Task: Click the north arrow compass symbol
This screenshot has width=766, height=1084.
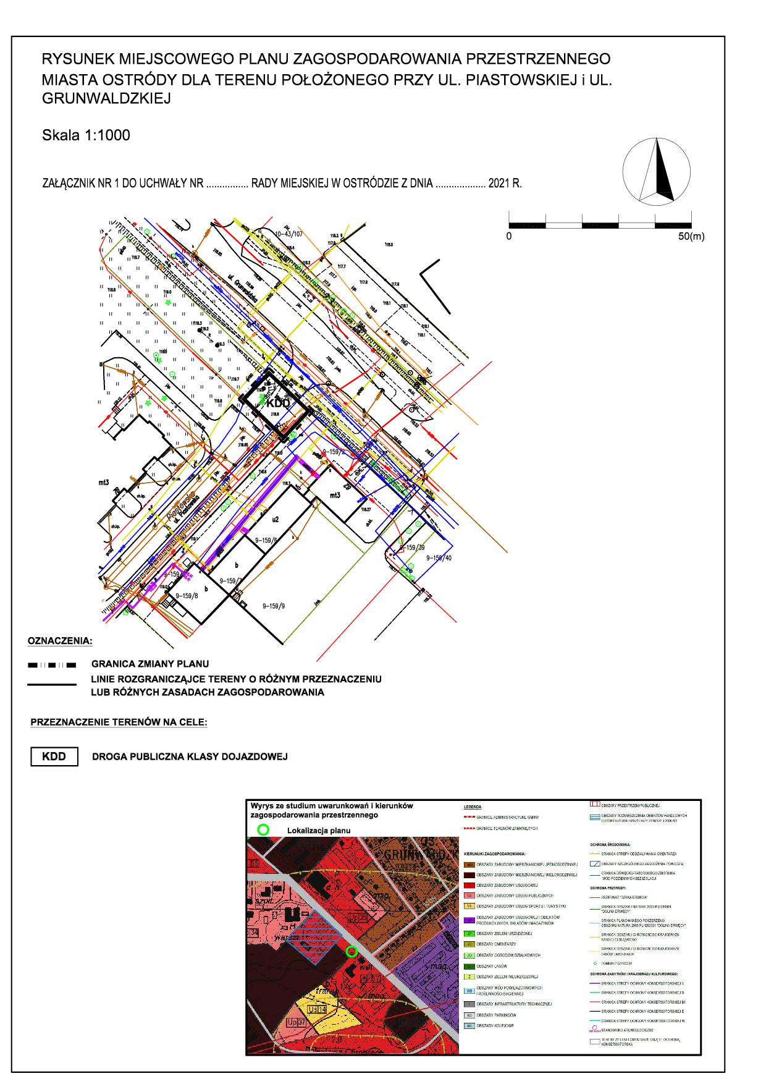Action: pyautogui.click(x=657, y=170)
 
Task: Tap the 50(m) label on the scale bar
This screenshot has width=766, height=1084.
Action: pyautogui.click(x=691, y=236)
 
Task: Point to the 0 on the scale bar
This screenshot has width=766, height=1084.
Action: pyautogui.click(x=509, y=236)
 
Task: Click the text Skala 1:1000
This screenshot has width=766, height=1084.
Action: pyautogui.click(x=86, y=135)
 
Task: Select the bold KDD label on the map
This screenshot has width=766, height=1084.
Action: pyautogui.click(x=278, y=403)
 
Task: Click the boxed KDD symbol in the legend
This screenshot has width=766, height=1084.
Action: pyautogui.click(x=54, y=756)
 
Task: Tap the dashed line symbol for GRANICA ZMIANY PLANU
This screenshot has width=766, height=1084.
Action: pyautogui.click(x=52, y=665)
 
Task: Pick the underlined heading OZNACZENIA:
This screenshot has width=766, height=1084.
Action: pyautogui.click(x=59, y=640)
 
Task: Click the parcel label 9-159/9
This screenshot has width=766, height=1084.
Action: pyautogui.click(x=274, y=606)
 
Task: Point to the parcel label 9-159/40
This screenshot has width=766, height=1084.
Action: pyautogui.click(x=439, y=557)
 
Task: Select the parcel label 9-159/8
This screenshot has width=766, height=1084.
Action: pyautogui.click(x=187, y=596)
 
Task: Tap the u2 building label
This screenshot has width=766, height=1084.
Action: pyautogui.click(x=276, y=519)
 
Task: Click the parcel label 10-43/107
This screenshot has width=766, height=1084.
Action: pyautogui.click(x=290, y=234)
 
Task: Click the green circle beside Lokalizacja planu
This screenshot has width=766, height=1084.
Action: pyautogui.click(x=264, y=830)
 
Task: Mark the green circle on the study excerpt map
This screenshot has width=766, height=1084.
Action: pyautogui.click(x=351, y=951)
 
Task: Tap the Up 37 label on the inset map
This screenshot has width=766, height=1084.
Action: pyautogui.click(x=297, y=1022)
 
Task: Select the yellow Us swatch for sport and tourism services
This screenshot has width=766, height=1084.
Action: pyautogui.click(x=469, y=906)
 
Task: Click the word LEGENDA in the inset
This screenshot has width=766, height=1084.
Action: pyautogui.click(x=473, y=807)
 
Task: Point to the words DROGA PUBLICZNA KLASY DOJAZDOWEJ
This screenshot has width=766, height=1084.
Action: pyautogui.click(x=190, y=756)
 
